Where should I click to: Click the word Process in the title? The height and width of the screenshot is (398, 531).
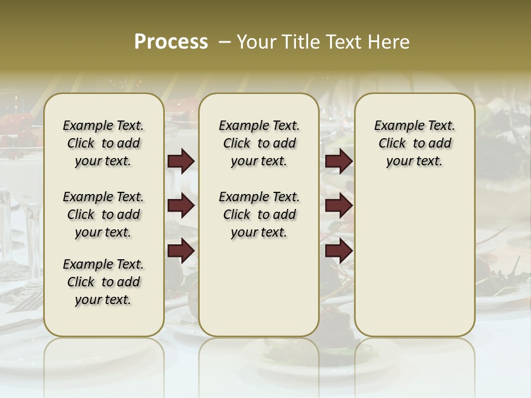[171, 41]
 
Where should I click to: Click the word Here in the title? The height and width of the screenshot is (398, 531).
[387, 41]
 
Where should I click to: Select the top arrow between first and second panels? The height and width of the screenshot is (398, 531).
[181, 161]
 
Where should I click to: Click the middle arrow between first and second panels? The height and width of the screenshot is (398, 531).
[181, 206]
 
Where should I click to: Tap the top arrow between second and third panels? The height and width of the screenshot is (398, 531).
[339, 161]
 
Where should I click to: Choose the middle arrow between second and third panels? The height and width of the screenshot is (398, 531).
[339, 206]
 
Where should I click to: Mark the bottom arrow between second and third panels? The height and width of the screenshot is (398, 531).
[339, 252]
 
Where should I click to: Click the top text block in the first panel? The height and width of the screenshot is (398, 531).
[103, 143]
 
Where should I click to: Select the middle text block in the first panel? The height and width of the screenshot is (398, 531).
[103, 214]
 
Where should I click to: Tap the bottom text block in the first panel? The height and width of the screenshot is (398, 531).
[103, 282]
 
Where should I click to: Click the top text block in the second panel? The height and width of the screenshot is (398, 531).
[259, 143]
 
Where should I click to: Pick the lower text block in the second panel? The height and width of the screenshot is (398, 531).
[259, 214]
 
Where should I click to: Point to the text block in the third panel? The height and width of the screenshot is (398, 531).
[414, 143]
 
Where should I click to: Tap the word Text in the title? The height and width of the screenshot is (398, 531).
[344, 41]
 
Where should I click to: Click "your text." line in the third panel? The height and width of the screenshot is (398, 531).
[414, 161]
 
